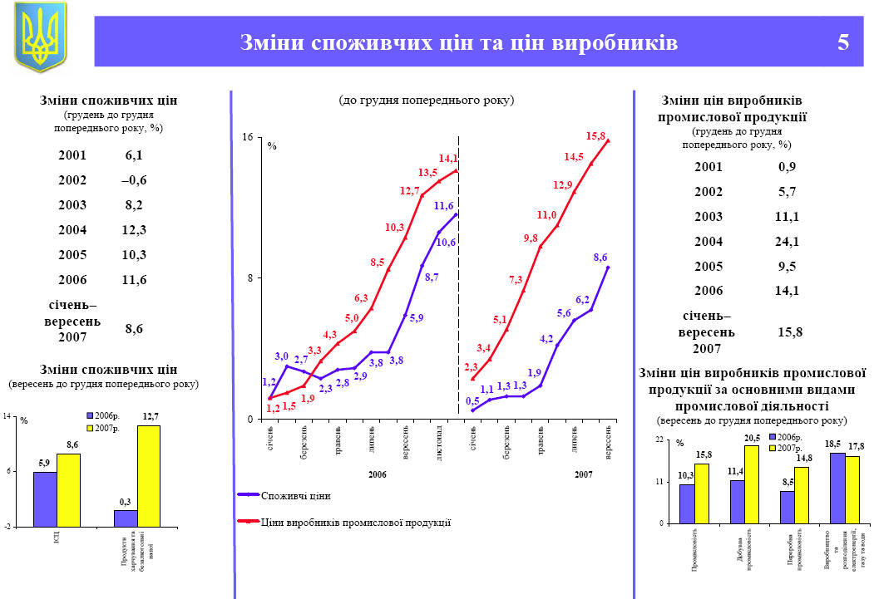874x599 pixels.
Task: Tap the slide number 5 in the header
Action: pyautogui.click(x=843, y=42)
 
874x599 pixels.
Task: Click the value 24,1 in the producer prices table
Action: pyautogui.click(x=787, y=243)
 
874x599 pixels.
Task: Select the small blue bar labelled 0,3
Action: pyautogui.click(x=126, y=518)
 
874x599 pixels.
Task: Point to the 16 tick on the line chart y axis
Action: pyautogui.click(x=247, y=137)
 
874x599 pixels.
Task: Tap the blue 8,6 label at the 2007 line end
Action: pyautogui.click(x=600, y=258)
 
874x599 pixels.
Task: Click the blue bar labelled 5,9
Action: pyautogui.click(x=45, y=498)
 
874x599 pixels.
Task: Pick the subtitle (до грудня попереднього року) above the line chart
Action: pyautogui.click(x=427, y=100)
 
